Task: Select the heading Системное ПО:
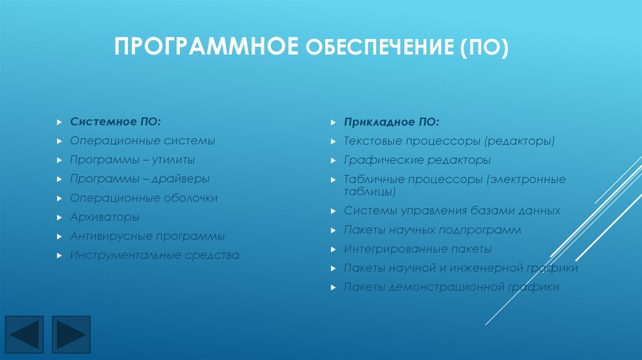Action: point(119,121)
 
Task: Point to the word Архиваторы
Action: point(105,217)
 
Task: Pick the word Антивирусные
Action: point(112,236)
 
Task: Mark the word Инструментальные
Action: point(125,255)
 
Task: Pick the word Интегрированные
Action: point(396,249)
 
